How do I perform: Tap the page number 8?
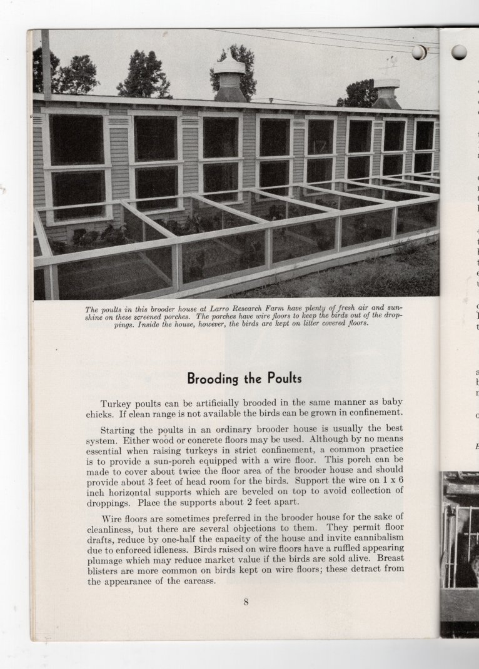[x=246, y=602]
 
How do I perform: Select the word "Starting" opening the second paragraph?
[x=120, y=428]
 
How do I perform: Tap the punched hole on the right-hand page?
[x=459, y=52]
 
